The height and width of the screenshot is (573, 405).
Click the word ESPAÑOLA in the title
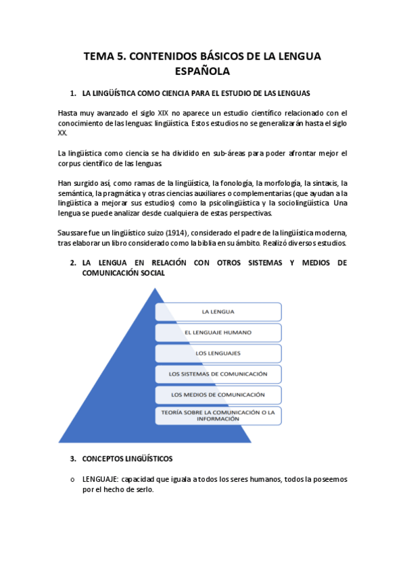[x=202, y=71]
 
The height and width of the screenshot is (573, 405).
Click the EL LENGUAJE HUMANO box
[x=218, y=332]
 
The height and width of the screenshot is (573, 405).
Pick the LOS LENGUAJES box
[x=218, y=353]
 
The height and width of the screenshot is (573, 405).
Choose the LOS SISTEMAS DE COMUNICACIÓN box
[x=218, y=374]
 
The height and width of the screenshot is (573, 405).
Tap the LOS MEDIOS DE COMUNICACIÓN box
[x=218, y=395]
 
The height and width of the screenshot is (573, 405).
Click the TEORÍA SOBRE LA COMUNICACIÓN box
[x=218, y=415]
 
